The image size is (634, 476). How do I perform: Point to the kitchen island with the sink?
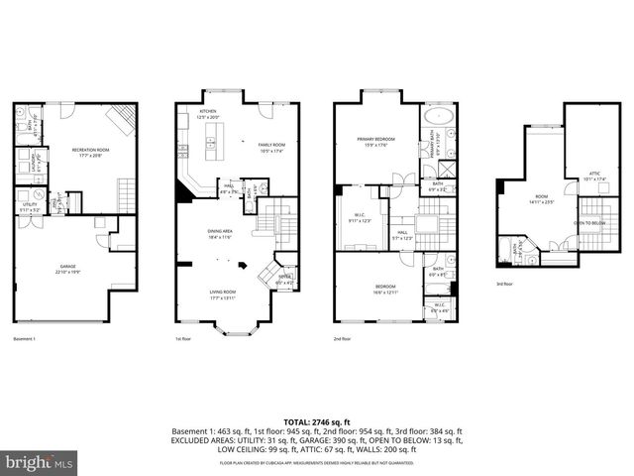click(211, 143)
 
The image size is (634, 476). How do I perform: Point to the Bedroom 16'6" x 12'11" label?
click(385, 289)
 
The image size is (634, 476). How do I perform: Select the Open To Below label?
click(589, 223)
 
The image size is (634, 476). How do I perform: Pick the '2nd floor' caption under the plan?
click(343, 338)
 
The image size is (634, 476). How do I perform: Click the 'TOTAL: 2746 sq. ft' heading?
click(317, 422)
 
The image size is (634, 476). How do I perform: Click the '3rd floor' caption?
click(506, 284)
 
